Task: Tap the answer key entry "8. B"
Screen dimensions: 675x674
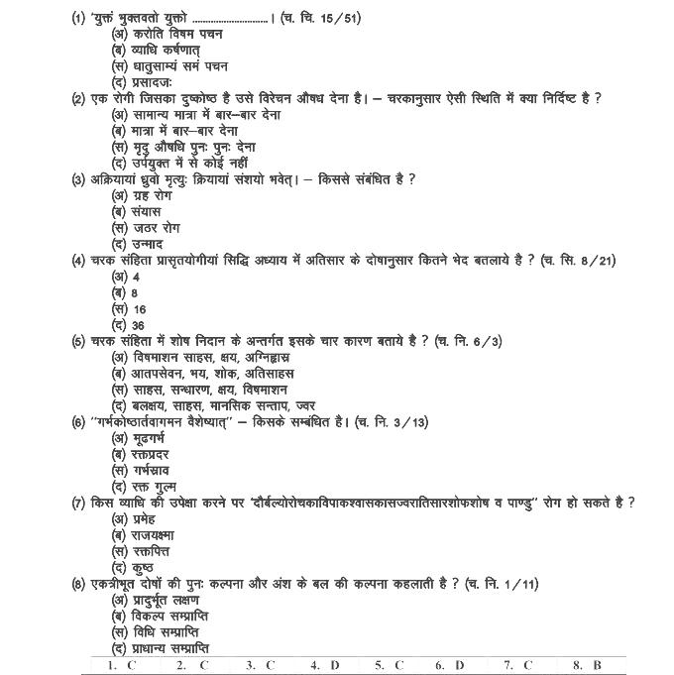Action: pyautogui.click(x=587, y=665)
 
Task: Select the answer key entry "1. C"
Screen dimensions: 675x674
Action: pyautogui.click(x=122, y=665)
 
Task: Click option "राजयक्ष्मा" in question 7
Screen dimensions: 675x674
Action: pyautogui.click(x=151, y=535)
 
